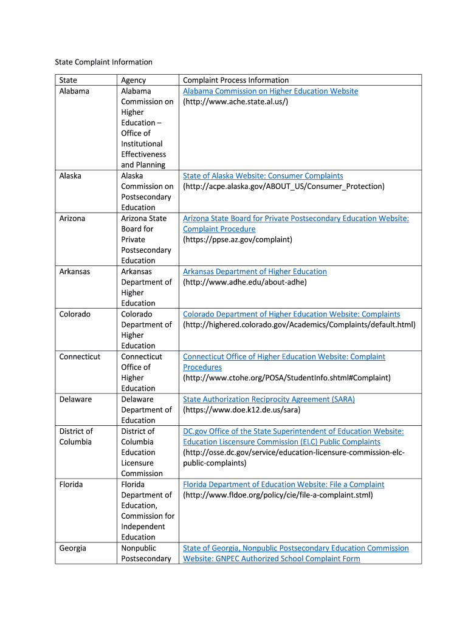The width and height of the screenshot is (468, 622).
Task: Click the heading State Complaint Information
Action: click(x=103, y=62)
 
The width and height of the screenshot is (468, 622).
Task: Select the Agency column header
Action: click(x=133, y=80)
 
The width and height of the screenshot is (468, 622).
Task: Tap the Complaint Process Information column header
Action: click(x=236, y=80)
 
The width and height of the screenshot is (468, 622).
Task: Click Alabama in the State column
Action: click(x=74, y=91)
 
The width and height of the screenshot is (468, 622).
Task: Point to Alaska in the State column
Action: click(x=71, y=176)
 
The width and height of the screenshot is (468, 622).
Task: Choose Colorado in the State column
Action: click(x=75, y=314)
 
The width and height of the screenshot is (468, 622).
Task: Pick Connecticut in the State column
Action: click(x=80, y=357)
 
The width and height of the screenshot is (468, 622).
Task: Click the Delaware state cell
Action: click(x=75, y=399)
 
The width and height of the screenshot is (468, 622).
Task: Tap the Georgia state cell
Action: click(x=72, y=548)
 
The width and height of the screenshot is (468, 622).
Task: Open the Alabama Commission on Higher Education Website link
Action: click(x=270, y=91)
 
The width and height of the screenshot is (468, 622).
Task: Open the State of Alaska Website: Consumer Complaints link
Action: click(x=263, y=176)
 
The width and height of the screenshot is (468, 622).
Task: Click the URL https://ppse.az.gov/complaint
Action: click(x=238, y=240)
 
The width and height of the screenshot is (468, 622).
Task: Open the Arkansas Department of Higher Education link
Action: click(x=255, y=272)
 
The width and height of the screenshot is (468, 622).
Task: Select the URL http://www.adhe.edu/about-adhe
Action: click(x=245, y=282)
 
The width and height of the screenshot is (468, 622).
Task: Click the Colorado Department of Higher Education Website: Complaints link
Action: click(x=291, y=314)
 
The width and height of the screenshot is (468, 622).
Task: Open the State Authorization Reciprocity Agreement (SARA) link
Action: click(x=269, y=399)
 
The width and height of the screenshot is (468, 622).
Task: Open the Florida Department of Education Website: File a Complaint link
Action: click(x=283, y=484)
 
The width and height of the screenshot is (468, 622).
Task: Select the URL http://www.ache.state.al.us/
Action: click(x=236, y=101)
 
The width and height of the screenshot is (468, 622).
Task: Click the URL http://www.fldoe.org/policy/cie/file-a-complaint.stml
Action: click(x=278, y=495)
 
